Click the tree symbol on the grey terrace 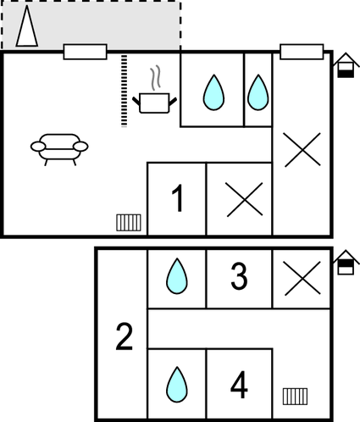pyautogui.click(x=27, y=27)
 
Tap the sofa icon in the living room pyautogui.click(x=59, y=149)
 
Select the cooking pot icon pyautogui.click(x=154, y=103)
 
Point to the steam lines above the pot pyautogui.click(x=155, y=78)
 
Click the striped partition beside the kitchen pyautogui.click(x=124, y=91)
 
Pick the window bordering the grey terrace pyautogui.click(x=85, y=52)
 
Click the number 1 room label pyautogui.click(x=178, y=198)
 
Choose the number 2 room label pyautogui.click(x=124, y=337)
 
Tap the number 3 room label pyautogui.click(x=239, y=276)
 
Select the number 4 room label pyautogui.click(x=239, y=385)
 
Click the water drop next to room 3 pyautogui.click(x=177, y=276)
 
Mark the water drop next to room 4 pyautogui.click(x=177, y=385)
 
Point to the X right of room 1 pyautogui.click(x=245, y=199)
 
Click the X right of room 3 pyautogui.click(x=302, y=279)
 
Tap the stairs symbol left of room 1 pyautogui.click(x=129, y=223)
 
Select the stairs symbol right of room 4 pyautogui.click(x=295, y=397)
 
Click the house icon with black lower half pyautogui.click(x=346, y=65)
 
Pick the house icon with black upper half pyautogui.click(x=346, y=263)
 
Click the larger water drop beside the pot pyautogui.click(x=213, y=92)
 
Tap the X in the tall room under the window pyautogui.click(x=302, y=150)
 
